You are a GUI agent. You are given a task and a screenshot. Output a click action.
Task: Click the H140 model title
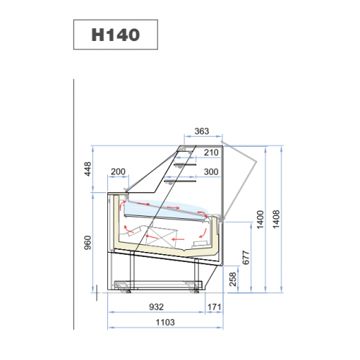pos(115,35)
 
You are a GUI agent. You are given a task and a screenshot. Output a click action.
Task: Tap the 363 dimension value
pos(202,131)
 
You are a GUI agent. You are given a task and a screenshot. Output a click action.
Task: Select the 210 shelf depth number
pos(211,153)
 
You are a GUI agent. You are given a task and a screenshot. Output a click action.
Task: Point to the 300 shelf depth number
pos(211,172)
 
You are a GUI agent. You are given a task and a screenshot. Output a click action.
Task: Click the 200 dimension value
pos(118,171)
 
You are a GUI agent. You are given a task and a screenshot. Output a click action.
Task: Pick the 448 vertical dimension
pos(88,169)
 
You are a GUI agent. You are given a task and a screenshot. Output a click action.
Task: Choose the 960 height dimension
pos(88,243)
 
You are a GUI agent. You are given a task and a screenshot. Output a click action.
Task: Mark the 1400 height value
pos(261,220)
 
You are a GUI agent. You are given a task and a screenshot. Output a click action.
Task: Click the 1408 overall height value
pos(276,219)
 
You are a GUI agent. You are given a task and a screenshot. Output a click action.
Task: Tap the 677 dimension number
pos(246,258)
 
